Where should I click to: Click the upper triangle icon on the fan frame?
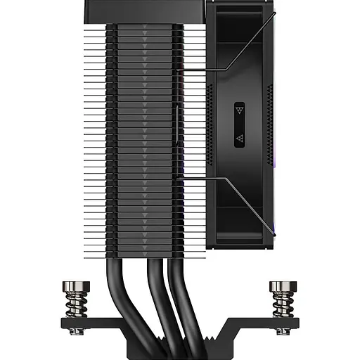[x=240, y=110]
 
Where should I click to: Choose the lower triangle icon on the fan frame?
[x=240, y=138]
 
